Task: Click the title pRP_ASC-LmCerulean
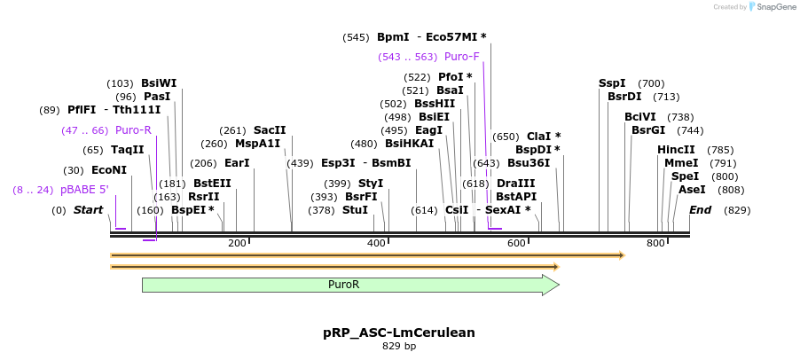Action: click(x=399, y=333)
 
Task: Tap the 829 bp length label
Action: click(x=399, y=347)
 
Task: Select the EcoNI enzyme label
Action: click(x=109, y=170)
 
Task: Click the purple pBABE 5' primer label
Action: click(x=84, y=190)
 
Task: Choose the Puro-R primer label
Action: click(x=133, y=130)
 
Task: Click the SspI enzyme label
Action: click(x=612, y=83)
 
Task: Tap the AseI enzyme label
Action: click(x=692, y=190)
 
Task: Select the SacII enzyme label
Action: click(x=270, y=130)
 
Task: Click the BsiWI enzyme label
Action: click(x=159, y=83)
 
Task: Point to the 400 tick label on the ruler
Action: click(x=377, y=243)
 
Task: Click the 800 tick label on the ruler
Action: click(x=655, y=243)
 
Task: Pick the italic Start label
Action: click(x=89, y=210)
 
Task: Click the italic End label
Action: click(x=701, y=210)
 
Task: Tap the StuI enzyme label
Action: click(x=355, y=210)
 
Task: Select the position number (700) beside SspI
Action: click(x=651, y=83)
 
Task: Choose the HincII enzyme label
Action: click(x=677, y=150)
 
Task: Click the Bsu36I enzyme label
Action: click(x=529, y=163)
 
